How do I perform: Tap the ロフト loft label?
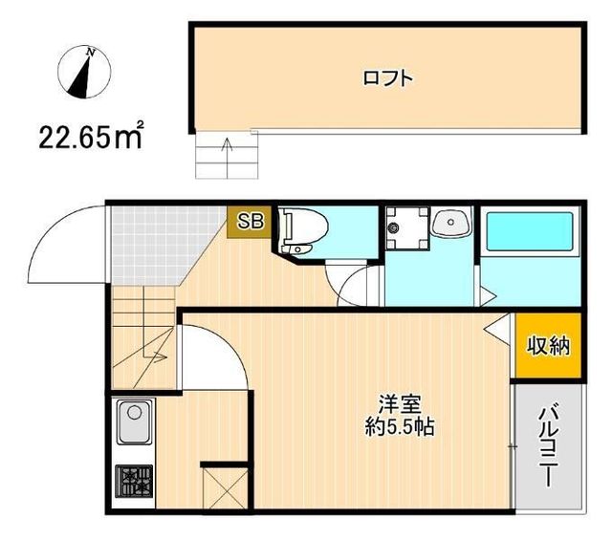(x=389, y=78)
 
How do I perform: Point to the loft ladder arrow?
(x=227, y=153)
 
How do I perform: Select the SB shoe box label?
(x=250, y=222)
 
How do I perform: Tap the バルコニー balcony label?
(x=549, y=445)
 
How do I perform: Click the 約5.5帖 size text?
(x=396, y=428)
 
